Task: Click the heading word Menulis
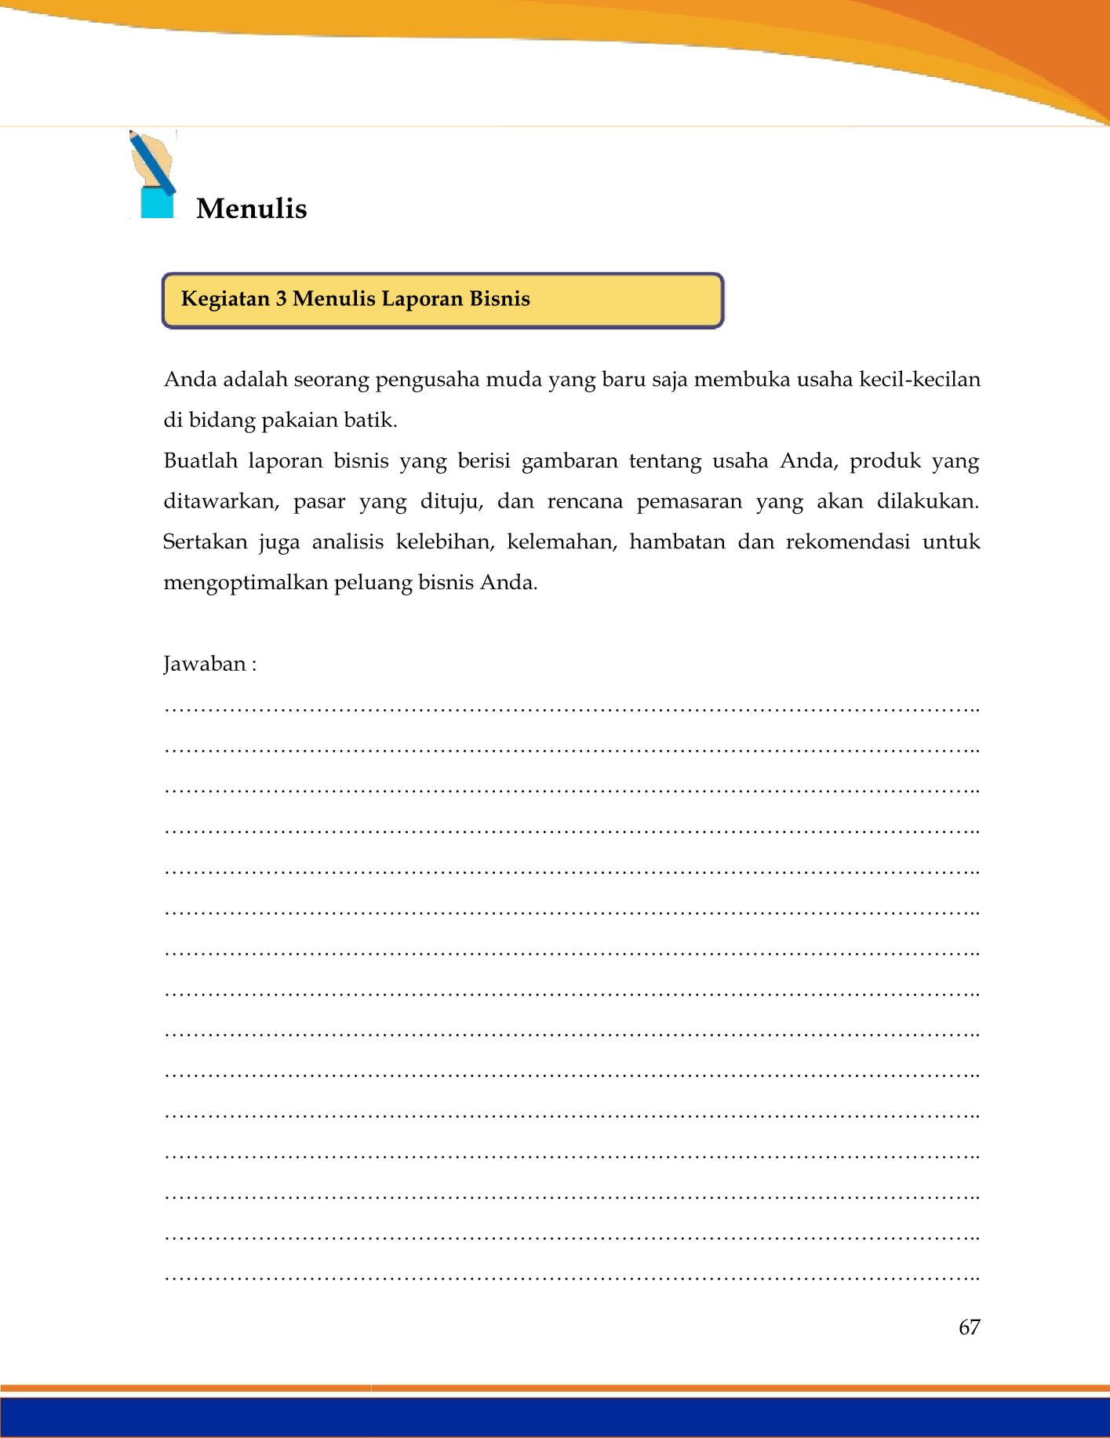coord(251,209)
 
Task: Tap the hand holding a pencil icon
coord(153,174)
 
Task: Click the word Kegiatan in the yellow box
coord(225,299)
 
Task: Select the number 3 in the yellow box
coord(281,299)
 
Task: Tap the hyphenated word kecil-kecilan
coord(919,380)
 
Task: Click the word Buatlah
coord(200,461)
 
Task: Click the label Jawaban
coord(206,664)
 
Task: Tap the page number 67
coord(969,1327)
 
